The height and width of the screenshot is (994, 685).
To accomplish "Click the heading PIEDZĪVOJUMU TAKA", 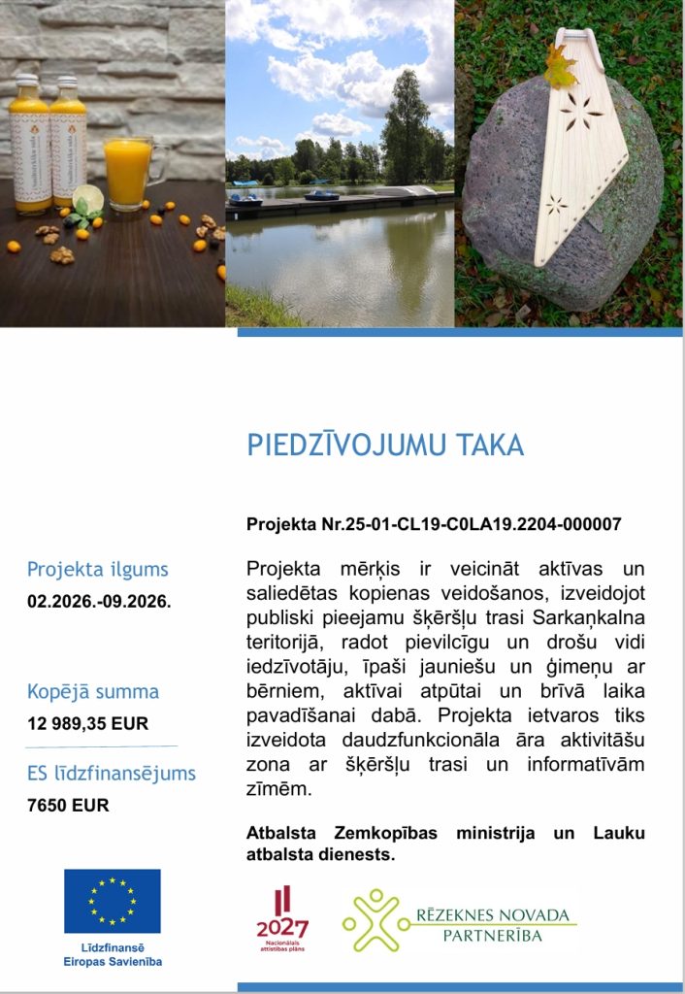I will pyautogui.click(x=385, y=446).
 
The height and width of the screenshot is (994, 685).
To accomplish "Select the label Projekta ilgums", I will pyautogui.click(x=98, y=570).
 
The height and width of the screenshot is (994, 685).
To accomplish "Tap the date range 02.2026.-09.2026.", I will pyautogui.click(x=99, y=601).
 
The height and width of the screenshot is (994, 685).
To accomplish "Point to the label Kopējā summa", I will pyautogui.click(x=93, y=692).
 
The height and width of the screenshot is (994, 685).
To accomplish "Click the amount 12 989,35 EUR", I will pyautogui.click(x=88, y=723).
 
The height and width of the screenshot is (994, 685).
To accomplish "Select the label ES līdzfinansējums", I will pyautogui.click(x=112, y=774).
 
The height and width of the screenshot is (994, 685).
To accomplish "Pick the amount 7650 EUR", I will pyautogui.click(x=68, y=805).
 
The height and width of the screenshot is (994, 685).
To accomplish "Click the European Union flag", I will pyautogui.click(x=113, y=901).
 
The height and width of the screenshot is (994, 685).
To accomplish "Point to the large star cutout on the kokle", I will pyautogui.click(x=581, y=109).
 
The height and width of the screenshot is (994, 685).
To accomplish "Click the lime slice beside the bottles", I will pyautogui.click(x=88, y=197).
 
